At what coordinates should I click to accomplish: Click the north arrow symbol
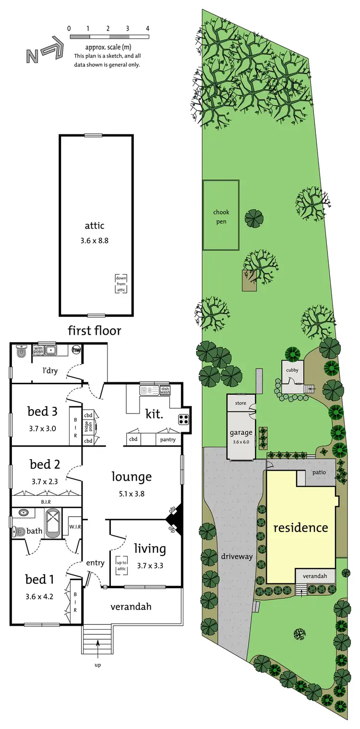tap(44, 49)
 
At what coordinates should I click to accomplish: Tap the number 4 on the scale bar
tap(147, 28)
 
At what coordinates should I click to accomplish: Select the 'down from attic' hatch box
tap(120, 284)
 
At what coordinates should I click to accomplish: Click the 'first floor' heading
tap(94, 330)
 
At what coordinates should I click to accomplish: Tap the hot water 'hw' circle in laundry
tap(76, 350)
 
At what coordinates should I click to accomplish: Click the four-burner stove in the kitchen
tap(183, 419)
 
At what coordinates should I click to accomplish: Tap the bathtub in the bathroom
tap(53, 525)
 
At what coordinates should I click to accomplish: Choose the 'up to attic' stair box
tap(121, 566)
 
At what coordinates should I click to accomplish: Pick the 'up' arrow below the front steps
tap(98, 657)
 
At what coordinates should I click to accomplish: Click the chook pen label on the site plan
tap(221, 217)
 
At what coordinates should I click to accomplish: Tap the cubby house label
tap(292, 370)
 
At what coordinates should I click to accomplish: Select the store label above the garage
tap(240, 403)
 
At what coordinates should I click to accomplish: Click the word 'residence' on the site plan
tap(300, 527)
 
